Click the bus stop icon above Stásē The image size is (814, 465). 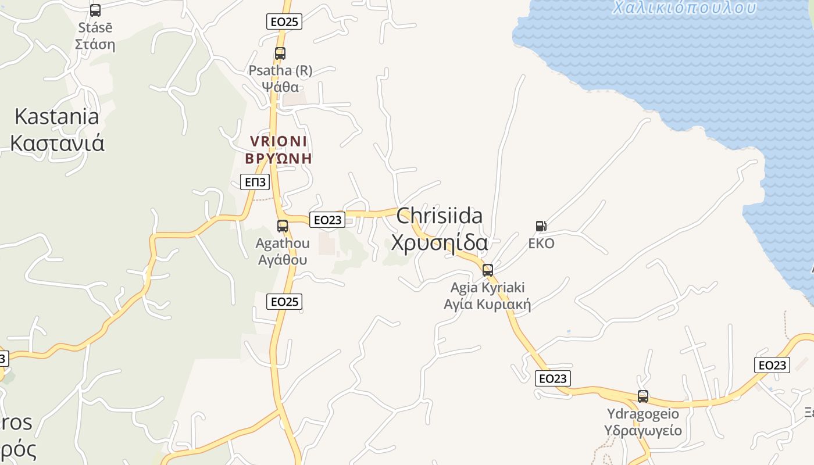click(x=95, y=10)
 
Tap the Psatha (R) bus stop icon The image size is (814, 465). click(x=280, y=53)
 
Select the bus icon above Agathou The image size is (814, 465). click(x=283, y=226)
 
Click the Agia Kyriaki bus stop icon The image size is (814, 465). click(x=488, y=270)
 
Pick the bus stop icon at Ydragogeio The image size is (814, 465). click(x=643, y=396)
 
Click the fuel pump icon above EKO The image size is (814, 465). click(x=541, y=226)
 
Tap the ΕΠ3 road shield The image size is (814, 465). click(x=255, y=183)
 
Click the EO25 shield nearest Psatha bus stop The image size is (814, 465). click(x=284, y=22)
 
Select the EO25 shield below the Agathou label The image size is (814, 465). click(x=284, y=302)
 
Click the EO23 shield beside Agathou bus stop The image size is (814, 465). click(x=327, y=220)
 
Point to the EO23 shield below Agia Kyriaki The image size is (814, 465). click(x=552, y=379)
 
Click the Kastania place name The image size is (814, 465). click(x=56, y=116)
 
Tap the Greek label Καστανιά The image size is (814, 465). click(x=57, y=142)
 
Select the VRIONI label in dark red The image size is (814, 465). click(x=279, y=141)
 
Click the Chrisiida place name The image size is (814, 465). click(x=439, y=216)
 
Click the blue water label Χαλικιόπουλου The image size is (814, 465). click(x=684, y=8)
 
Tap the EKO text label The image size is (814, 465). click(x=541, y=244)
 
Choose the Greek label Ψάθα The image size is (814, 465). click(x=280, y=87)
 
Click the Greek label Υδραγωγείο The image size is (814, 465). click(x=642, y=431)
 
